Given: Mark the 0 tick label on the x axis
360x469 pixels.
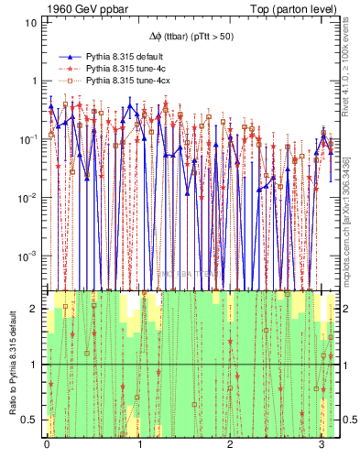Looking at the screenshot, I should point(47,450).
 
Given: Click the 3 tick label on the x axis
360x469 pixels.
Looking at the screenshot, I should point(321,450).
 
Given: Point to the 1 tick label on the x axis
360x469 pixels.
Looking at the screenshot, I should point(138,450).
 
